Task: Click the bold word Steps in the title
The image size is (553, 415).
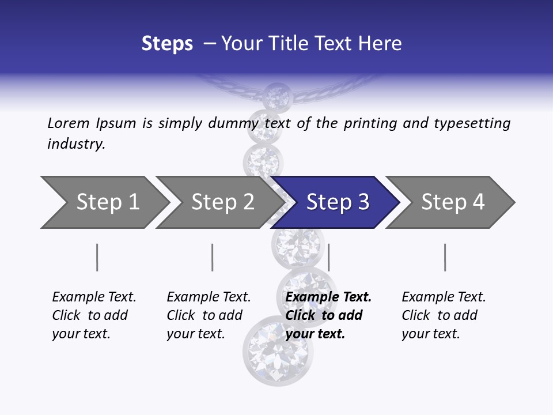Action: click(167, 44)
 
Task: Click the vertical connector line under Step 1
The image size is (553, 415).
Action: click(97, 257)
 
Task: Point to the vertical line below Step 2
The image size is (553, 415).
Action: click(213, 257)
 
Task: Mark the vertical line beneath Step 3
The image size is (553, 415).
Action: click(328, 257)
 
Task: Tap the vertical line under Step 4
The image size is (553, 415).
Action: click(445, 257)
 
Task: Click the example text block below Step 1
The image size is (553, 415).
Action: click(94, 315)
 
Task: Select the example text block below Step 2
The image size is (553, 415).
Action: click(209, 315)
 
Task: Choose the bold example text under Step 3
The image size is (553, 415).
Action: click(328, 315)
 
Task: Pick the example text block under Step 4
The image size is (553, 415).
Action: click(444, 315)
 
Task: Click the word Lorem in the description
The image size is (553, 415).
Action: click(69, 123)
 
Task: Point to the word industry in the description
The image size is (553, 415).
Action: click(76, 144)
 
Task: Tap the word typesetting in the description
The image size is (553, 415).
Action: click(472, 123)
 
